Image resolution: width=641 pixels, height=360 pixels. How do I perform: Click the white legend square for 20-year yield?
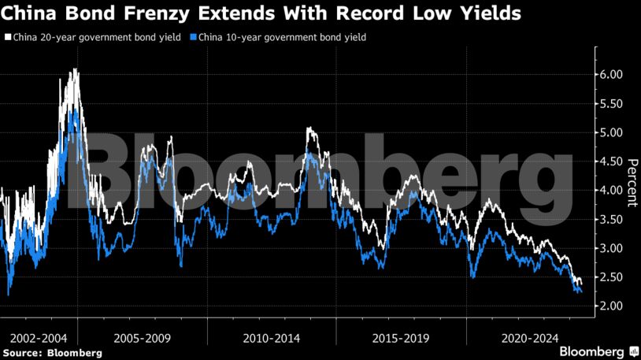coord(8,37)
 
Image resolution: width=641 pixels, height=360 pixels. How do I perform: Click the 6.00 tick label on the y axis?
coord(611,74)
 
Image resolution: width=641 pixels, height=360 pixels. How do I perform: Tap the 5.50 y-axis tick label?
coord(611,103)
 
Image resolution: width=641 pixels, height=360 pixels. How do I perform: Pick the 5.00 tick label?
coord(611,132)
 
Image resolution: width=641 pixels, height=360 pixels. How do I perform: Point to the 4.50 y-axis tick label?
coord(611,161)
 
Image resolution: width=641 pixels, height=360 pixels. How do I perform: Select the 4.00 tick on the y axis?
coord(611,190)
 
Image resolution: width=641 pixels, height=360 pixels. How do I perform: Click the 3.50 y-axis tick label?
coord(611,219)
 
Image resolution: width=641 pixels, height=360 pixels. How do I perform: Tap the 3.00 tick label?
coord(611,248)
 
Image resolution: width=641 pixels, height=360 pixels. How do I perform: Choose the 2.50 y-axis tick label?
coord(611,276)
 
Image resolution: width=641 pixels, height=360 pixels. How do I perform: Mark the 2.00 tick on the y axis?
coord(611,306)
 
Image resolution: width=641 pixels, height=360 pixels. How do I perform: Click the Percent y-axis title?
coord(632,182)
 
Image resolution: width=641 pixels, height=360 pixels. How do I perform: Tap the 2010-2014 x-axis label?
coord(271,337)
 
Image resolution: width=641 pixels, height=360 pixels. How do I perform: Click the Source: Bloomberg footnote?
coord(52,353)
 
